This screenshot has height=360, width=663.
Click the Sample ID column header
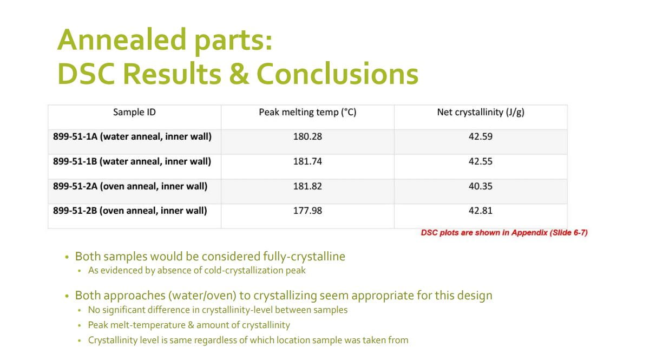click(x=134, y=112)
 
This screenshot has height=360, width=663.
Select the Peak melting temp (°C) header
click(x=307, y=112)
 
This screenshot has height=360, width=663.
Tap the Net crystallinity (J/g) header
click(x=481, y=112)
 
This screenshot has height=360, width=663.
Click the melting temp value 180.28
click(x=307, y=136)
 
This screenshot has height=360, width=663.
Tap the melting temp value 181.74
click(x=307, y=161)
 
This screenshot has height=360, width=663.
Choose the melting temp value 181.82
click(x=307, y=186)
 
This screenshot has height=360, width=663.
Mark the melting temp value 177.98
click(x=307, y=211)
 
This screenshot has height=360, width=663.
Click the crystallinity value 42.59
click(x=481, y=136)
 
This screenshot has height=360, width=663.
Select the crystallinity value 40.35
click(x=481, y=186)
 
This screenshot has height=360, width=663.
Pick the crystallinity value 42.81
click(x=481, y=211)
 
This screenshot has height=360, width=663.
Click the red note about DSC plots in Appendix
click(x=504, y=233)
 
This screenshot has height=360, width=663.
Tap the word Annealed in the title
click(x=122, y=40)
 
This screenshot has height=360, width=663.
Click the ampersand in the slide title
click(x=239, y=74)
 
